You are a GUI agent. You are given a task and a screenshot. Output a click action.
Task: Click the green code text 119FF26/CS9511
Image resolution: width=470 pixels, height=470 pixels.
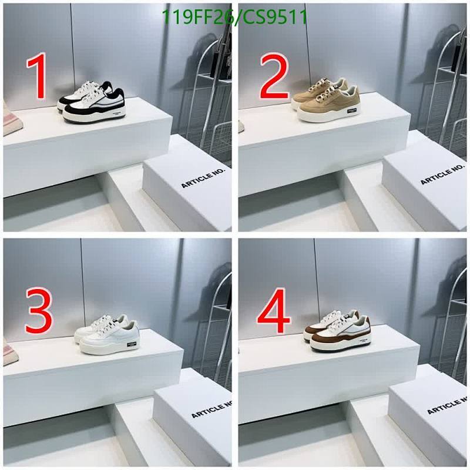pyautogui.click(x=234, y=17)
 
